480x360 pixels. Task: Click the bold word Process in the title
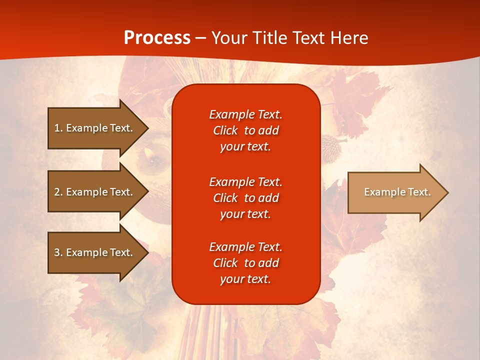coord(157,38)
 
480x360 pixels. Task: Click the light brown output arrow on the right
coord(395,192)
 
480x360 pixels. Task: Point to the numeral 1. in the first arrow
coord(58,128)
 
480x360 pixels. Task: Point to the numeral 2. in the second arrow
coord(58,192)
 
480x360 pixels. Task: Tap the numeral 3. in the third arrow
coord(58,252)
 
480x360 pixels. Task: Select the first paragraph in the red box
coord(245,130)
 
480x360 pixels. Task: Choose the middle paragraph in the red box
coord(245,198)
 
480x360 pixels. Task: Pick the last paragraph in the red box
coord(245,263)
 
